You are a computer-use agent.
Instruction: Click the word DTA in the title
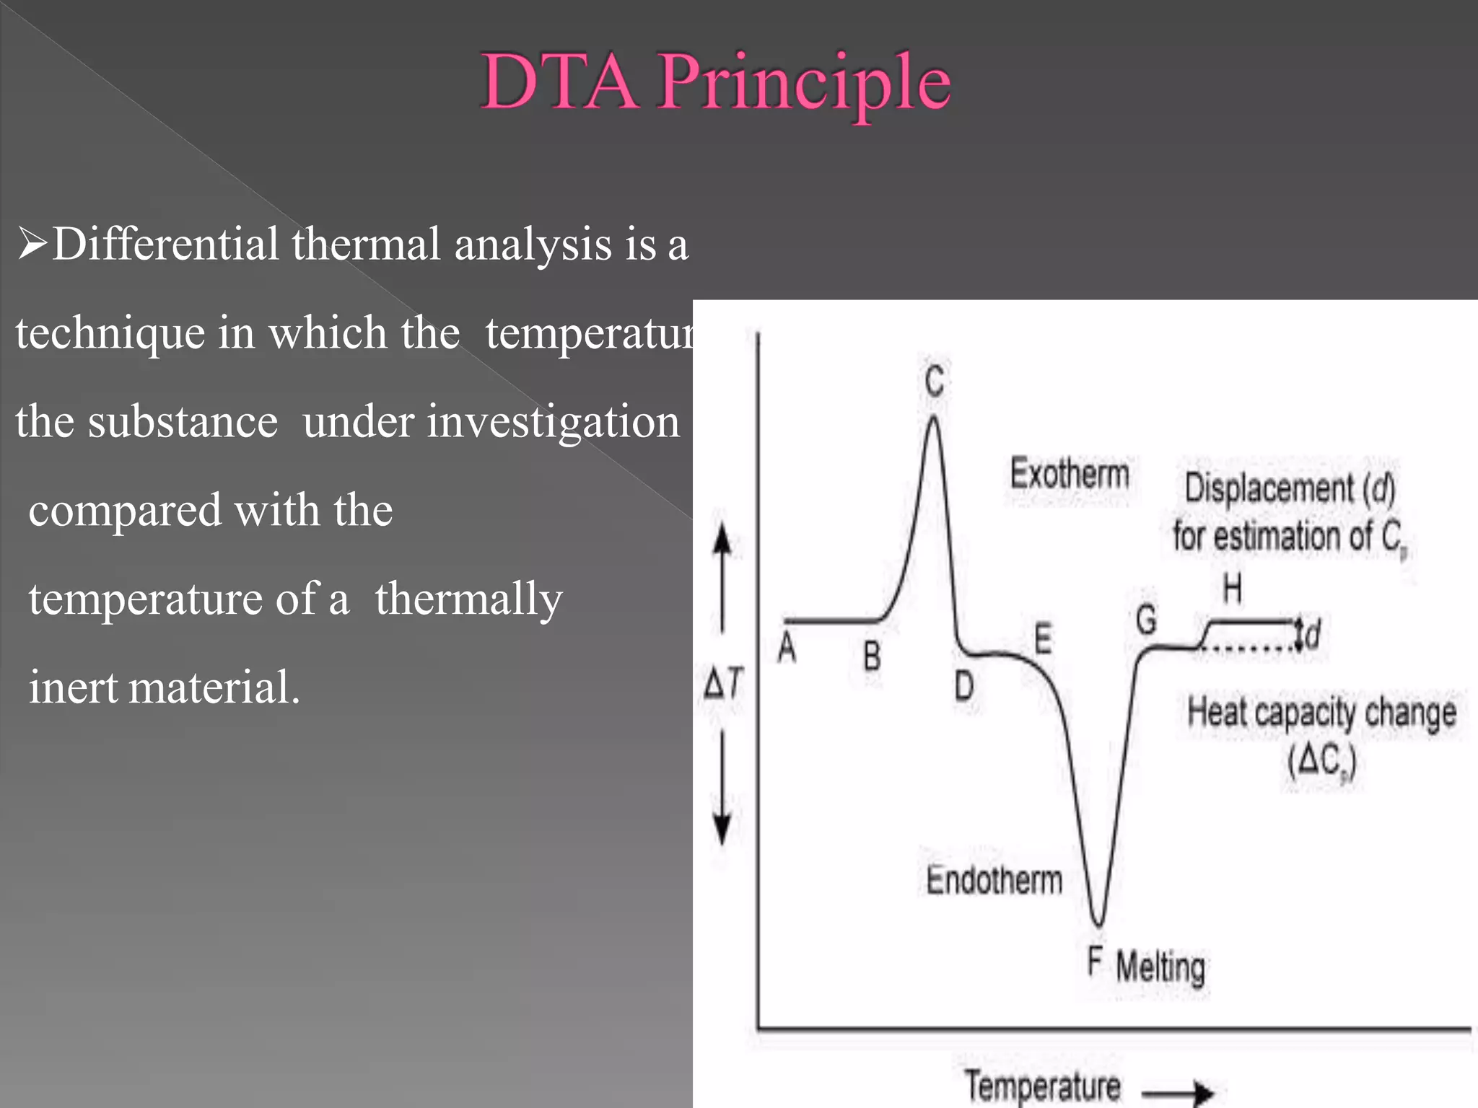click(x=560, y=81)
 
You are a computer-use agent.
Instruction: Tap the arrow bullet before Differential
click(x=32, y=244)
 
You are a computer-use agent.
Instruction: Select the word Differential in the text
click(x=165, y=244)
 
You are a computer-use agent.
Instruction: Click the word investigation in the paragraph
click(x=491, y=422)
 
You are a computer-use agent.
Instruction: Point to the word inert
click(x=73, y=687)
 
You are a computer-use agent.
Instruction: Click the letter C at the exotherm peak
click(x=935, y=380)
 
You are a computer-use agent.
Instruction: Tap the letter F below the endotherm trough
click(x=1095, y=962)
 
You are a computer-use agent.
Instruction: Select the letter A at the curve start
click(x=787, y=647)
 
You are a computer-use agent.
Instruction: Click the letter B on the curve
click(x=872, y=656)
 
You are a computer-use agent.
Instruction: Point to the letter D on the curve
click(x=964, y=685)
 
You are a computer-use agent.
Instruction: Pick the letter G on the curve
click(x=1146, y=620)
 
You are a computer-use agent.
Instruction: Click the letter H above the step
click(x=1233, y=589)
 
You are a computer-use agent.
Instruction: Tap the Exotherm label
click(x=1070, y=475)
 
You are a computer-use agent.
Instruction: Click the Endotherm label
click(x=994, y=880)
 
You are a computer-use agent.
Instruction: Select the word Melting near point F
click(x=1160, y=967)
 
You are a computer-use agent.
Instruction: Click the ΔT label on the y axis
click(x=723, y=682)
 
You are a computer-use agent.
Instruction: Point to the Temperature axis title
click(x=1043, y=1086)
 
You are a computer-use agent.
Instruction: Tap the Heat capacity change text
click(x=1321, y=713)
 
